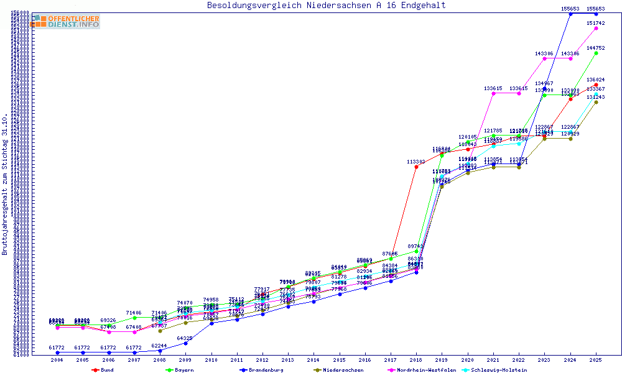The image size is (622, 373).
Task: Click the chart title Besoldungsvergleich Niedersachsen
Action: pos(326,6)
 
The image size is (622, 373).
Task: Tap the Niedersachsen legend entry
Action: pos(339,370)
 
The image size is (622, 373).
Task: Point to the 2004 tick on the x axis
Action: pos(57,360)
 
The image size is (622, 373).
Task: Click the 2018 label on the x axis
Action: pos(416,360)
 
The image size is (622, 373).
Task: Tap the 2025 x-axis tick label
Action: pos(596,360)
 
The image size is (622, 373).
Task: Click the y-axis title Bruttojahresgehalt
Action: pos(6,185)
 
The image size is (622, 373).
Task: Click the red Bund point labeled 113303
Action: pos(416,167)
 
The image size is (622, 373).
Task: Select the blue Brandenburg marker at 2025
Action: pos(596,14)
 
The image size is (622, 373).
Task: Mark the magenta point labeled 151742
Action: pos(596,28)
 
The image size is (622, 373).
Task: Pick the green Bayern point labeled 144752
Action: pos(596,53)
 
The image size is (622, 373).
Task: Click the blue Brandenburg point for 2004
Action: pos(57,352)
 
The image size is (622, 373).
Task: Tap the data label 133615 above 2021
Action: pos(493,88)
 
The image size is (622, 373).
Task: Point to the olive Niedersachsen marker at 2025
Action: pos(596,102)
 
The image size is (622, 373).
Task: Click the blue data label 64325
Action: pos(185,338)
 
